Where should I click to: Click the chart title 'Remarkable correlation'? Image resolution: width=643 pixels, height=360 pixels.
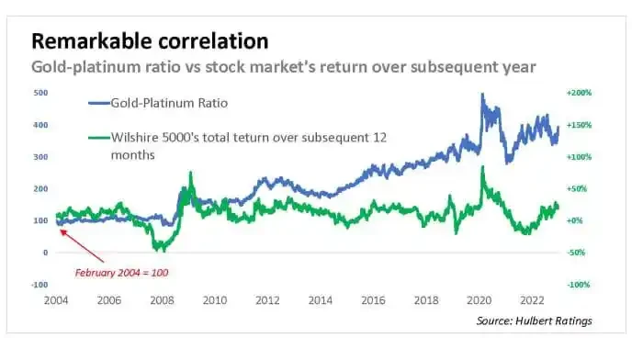coord(151,41)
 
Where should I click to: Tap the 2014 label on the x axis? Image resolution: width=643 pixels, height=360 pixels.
coord(321,301)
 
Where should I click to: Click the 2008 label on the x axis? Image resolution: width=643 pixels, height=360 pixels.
coord(162,301)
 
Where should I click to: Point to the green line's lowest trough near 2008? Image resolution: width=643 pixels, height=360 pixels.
coord(158,248)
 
